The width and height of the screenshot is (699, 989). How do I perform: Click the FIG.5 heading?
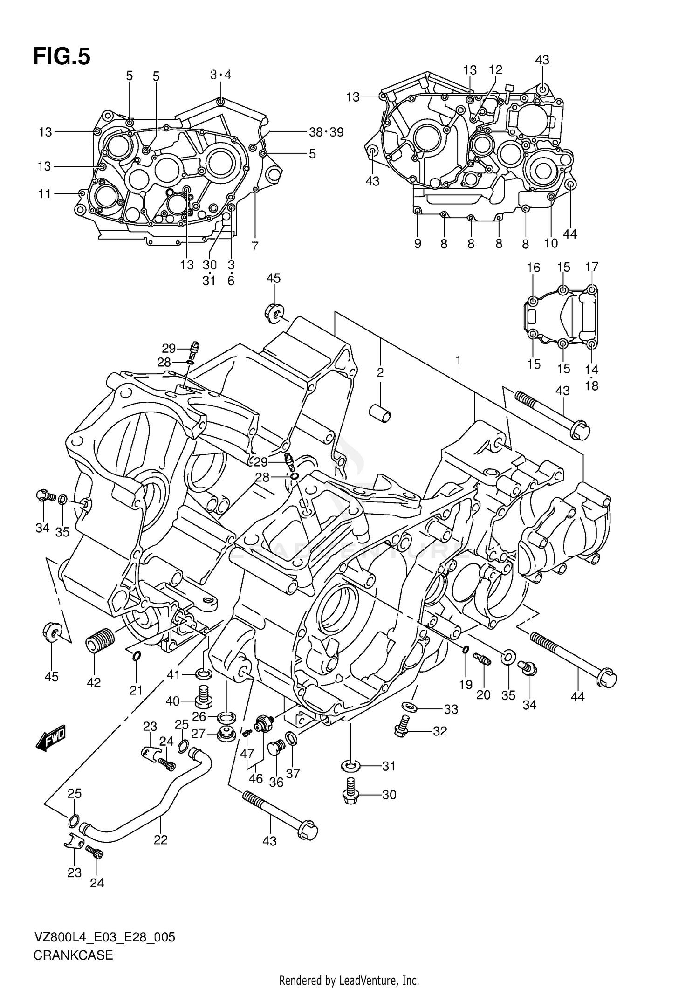click(x=61, y=56)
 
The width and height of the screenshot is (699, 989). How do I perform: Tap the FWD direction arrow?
click(x=50, y=737)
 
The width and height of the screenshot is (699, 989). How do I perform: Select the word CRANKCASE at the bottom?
click(x=73, y=955)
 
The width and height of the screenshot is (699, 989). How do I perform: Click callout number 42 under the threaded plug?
click(x=94, y=683)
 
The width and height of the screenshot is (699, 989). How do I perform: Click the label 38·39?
click(x=326, y=132)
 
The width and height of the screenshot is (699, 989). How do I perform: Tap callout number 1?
click(x=459, y=360)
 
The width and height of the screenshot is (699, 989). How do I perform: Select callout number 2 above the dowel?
click(x=380, y=372)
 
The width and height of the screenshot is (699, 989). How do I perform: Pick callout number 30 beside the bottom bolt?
click(x=389, y=794)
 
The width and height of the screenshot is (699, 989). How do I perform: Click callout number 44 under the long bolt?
click(x=577, y=697)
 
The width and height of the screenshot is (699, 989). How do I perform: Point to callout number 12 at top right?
click(x=495, y=70)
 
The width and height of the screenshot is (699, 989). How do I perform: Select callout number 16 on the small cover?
click(x=534, y=268)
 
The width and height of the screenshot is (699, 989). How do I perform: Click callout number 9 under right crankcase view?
click(x=418, y=243)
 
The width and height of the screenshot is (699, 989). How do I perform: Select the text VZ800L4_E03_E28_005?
click(x=104, y=937)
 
